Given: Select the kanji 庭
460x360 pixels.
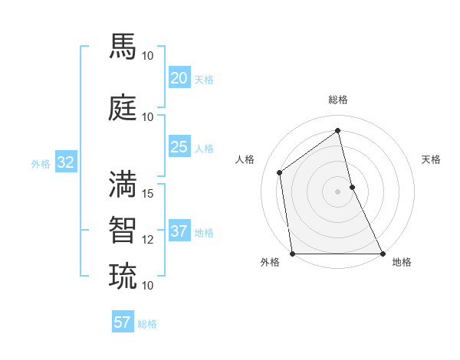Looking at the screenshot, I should tap(123, 106).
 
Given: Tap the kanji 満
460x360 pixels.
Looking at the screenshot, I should tap(123, 183).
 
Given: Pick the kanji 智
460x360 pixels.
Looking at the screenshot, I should tap(123, 229).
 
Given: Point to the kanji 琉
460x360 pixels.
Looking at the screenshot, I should tap(123, 275).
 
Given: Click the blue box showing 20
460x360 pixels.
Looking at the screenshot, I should tap(179, 78).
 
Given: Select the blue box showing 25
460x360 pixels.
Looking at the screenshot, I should tap(179, 147).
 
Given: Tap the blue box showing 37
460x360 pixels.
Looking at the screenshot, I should tap(179, 231).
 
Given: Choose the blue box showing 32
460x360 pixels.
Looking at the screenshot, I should tap(65, 162).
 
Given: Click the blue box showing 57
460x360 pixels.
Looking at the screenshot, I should tap(123, 322).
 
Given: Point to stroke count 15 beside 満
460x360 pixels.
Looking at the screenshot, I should tap(148, 193).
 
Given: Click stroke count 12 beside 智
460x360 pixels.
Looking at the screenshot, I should tap(148, 239).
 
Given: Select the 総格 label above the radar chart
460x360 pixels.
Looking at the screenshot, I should tap(338, 100).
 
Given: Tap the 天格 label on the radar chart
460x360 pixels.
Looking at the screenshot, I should tap(432, 159).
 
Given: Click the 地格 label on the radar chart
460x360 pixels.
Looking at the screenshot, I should tap(402, 262).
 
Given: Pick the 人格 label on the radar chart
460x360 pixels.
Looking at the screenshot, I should tap(245, 159).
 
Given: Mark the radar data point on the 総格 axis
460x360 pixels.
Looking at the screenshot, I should tap(338, 131).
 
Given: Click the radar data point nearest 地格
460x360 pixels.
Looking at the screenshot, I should tap(383, 253).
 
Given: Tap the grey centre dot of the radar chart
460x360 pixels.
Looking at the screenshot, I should tap(338, 191).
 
